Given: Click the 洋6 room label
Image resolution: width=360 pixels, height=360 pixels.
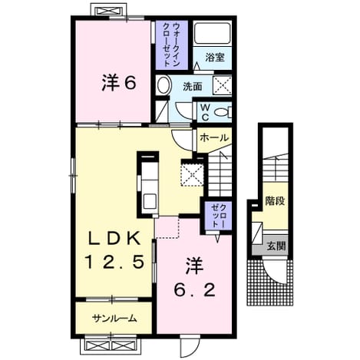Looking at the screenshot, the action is tap(119, 83).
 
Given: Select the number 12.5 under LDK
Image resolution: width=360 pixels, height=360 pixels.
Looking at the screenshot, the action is tap(114, 263).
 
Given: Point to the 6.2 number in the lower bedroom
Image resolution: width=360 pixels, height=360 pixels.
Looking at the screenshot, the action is tap(194, 290).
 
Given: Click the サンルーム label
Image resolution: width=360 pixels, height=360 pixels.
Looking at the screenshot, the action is tap(114, 319).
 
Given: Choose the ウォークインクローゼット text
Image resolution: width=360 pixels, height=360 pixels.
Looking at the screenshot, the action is tap(172, 45).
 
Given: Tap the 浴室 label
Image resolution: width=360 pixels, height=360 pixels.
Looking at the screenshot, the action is tap(215, 58).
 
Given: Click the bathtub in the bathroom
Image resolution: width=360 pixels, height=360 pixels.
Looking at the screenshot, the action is tap(213, 34).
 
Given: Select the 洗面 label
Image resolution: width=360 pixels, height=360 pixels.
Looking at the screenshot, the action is tap(193, 87).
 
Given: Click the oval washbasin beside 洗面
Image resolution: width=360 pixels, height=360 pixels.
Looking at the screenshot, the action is tap(164, 84).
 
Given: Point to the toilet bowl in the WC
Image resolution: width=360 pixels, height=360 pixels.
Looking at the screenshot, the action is tap(222, 112).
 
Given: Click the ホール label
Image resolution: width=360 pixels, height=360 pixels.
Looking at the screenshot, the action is tap(213, 138).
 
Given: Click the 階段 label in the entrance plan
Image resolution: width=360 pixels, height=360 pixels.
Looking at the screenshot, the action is tap(275, 201).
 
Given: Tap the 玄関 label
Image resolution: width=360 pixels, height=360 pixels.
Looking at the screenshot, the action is tap(276, 246).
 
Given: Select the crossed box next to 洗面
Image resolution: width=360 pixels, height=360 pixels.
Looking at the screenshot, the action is tap(222, 84).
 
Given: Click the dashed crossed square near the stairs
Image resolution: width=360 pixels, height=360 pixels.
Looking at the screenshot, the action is tap(193, 173).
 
